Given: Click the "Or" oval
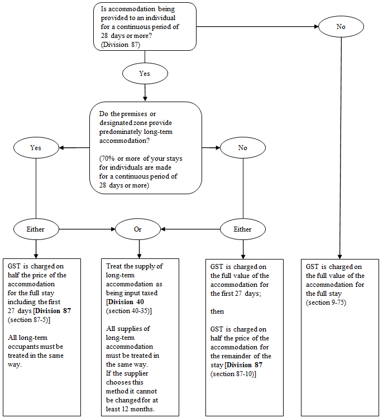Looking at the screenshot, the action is pyautogui.click(x=138, y=229).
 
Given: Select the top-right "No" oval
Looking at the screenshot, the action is pyautogui.click(x=341, y=27).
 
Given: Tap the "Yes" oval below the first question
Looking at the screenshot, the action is pyautogui.click(x=145, y=74).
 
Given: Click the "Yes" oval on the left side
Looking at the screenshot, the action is pyautogui.click(x=36, y=148).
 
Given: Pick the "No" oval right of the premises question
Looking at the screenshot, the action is pyautogui.click(x=243, y=148).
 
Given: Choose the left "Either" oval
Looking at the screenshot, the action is pyautogui.click(x=36, y=229).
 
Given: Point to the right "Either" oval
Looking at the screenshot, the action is pyautogui.click(x=243, y=229).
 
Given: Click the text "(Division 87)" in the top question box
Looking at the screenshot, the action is pyautogui.click(x=120, y=45).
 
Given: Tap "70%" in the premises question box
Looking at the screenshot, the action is pyautogui.click(x=108, y=158).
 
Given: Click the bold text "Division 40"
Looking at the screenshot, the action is pyautogui.click(x=126, y=302).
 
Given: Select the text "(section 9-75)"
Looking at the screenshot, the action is pyautogui.click(x=326, y=302).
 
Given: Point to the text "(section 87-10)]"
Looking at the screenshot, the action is pyautogui.click(x=233, y=374).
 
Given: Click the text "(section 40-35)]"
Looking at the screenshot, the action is pyautogui.click(x=129, y=311).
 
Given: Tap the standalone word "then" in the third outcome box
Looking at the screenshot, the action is pyautogui.click(x=217, y=311).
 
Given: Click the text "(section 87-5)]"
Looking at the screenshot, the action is pyautogui.click(x=29, y=320).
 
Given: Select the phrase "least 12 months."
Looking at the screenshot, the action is pyautogui.click(x=130, y=409).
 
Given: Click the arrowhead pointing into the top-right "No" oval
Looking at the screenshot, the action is pyautogui.click(x=317, y=26).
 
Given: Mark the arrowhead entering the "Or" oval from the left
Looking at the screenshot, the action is pyautogui.click(x=113, y=229).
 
